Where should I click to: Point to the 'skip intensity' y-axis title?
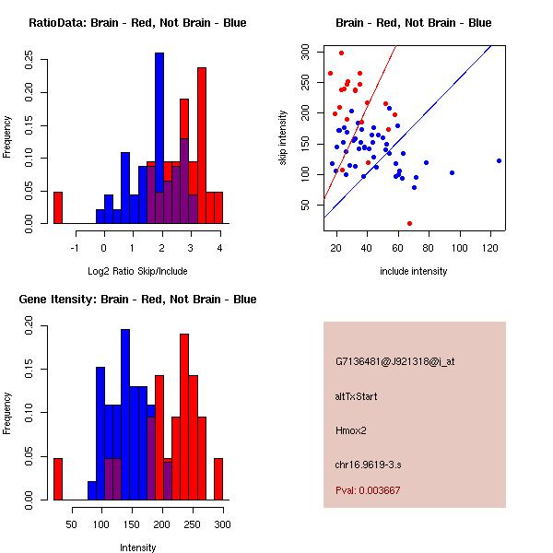coord(283,138)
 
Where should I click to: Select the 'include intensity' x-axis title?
coord(413,271)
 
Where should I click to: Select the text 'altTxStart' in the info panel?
coord(356,396)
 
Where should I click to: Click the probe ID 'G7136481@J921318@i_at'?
coord(395,361)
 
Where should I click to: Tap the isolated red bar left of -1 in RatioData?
coord(58,207)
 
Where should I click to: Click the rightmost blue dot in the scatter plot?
coord(499,160)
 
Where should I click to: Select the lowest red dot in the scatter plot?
coord(409,223)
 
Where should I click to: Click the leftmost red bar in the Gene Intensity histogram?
coord(58,478)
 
